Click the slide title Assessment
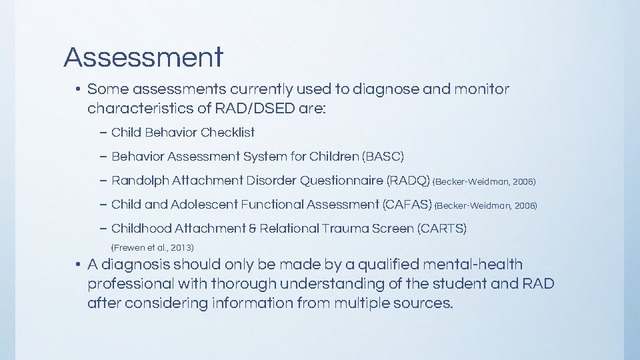point(143,57)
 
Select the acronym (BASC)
point(383,157)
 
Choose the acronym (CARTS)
point(441,229)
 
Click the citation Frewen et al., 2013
point(151,247)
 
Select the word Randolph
point(140,181)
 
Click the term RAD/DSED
point(255,108)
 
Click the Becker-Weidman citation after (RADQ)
point(485,182)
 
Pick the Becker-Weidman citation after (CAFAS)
point(486,206)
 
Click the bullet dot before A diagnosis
point(79,265)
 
